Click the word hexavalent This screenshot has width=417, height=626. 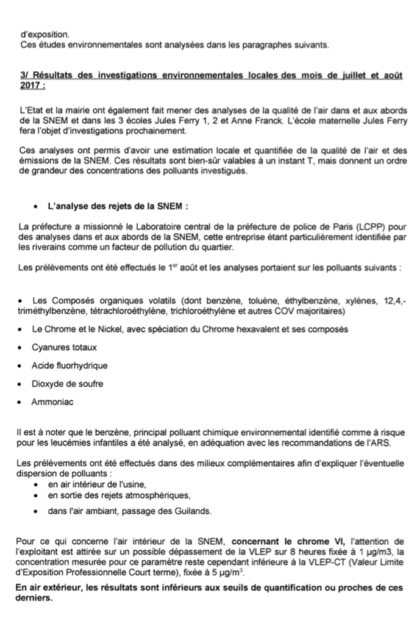[244, 329]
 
